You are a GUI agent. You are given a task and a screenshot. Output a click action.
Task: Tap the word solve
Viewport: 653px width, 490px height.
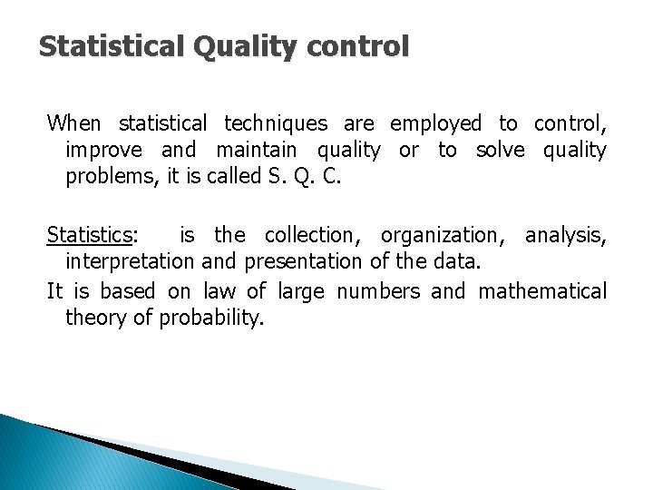tap(501, 151)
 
